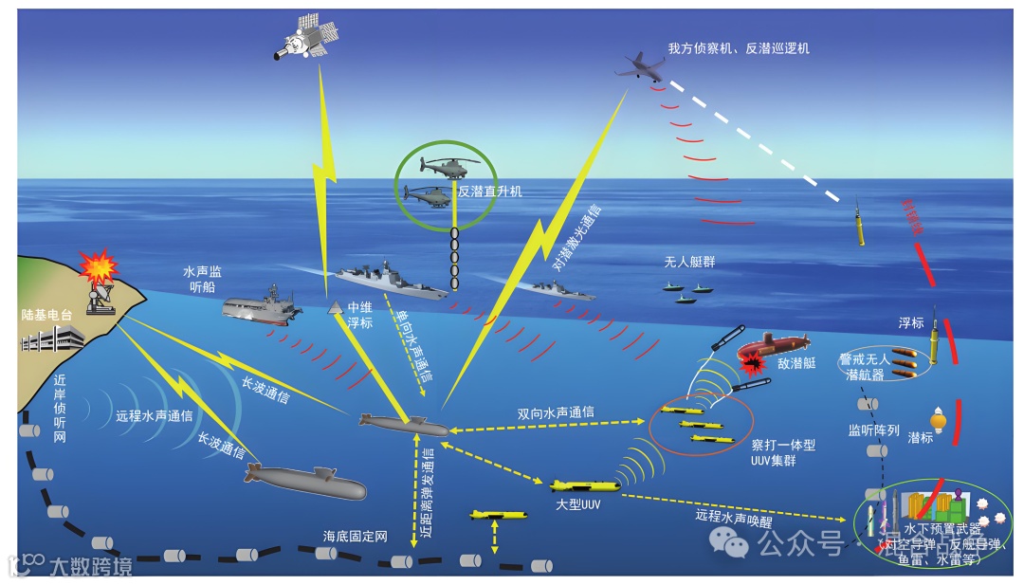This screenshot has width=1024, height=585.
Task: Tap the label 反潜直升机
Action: click(489, 192)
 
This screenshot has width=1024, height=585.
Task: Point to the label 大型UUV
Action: click(578, 504)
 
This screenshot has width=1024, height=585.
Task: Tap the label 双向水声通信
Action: click(557, 412)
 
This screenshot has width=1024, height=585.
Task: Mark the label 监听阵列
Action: click(873, 430)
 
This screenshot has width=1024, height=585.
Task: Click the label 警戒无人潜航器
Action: click(863, 367)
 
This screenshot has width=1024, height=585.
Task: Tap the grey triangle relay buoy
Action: click(335, 308)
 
